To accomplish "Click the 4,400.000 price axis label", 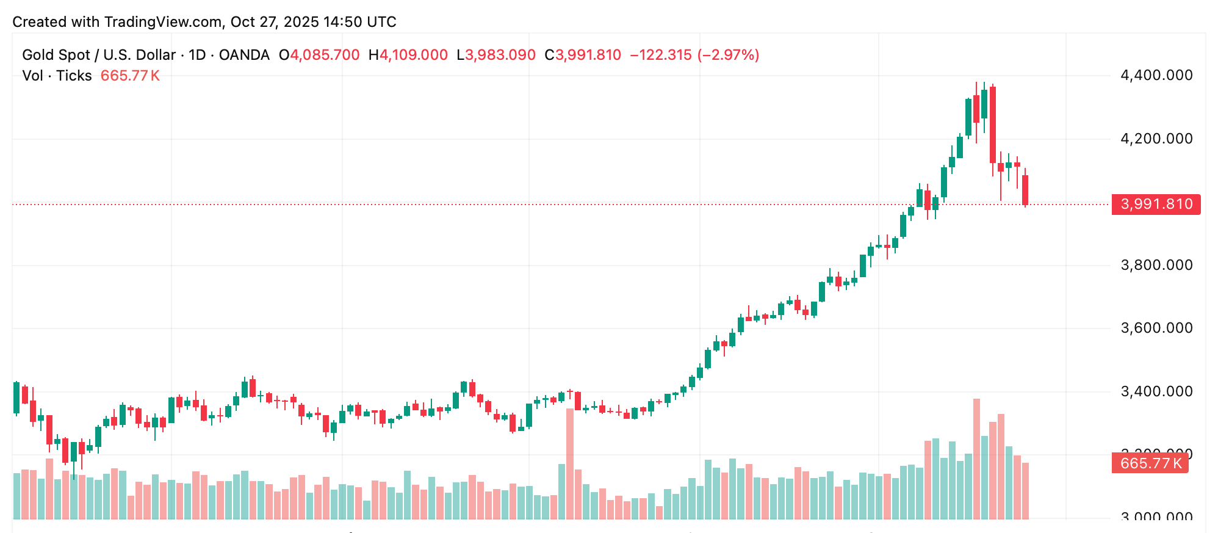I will point(1156,75).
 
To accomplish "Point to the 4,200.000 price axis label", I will point(1156,139).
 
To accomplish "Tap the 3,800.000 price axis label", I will point(1156,265).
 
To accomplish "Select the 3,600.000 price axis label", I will point(1156,328).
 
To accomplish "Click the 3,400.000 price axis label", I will point(1156,391).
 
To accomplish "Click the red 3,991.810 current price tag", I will point(1156,204).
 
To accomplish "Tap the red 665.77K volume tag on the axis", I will point(1150,463).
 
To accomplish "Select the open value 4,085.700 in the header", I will point(325,55).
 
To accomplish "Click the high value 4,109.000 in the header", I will point(413,55).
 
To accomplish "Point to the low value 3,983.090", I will point(500,55).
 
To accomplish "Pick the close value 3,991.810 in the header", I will point(588,55).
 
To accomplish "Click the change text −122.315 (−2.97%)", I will point(694,55).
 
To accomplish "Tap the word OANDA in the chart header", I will point(244,55).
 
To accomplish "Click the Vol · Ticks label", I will point(57,76).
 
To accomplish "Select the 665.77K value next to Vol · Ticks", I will point(130,76).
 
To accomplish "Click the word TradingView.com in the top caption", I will point(163,22).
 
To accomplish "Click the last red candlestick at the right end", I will point(1025,190).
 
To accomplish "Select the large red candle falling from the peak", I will point(993,125).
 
